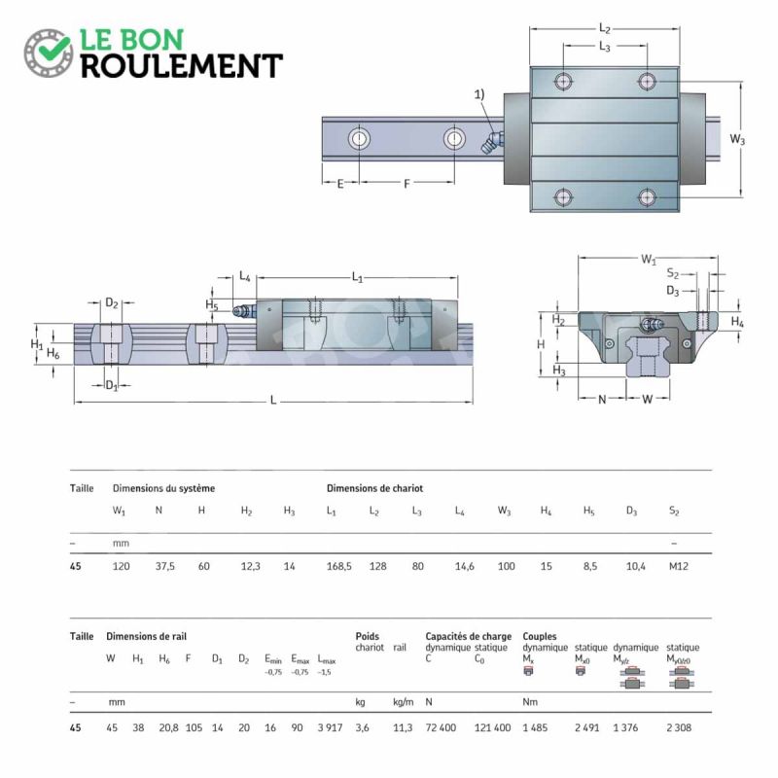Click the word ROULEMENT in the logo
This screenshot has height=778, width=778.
(x=182, y=66)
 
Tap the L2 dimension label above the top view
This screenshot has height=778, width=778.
(x=604, y=28)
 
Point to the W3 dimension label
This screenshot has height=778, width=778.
(x=737, y=139)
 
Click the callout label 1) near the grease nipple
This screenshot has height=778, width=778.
(x=479, y=94)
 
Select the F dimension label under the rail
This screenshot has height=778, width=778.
(x=407, y=184)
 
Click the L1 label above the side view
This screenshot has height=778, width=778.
(x=357, y=277)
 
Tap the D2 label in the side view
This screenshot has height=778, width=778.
(x=112, y=302)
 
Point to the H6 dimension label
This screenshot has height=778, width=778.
(x=53, y=353)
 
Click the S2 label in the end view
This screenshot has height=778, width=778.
(x=673, y=273)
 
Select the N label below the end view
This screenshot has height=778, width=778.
(x=602, y=400)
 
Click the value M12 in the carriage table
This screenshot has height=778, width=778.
(x=678, y=566)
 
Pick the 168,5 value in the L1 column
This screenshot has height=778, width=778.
(x=338, y=566)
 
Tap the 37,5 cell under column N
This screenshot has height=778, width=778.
(x=164, y=566)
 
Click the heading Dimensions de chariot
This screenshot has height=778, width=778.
(x=374, y=488)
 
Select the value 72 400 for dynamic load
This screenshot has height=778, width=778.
(x=441, y=727)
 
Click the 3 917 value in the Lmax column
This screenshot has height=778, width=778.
(x=330, y=727)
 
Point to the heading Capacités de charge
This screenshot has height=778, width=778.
(x=469, y=636)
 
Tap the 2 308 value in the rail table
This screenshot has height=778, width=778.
(x=679, y=727)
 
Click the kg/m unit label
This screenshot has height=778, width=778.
(x=403, y=701)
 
